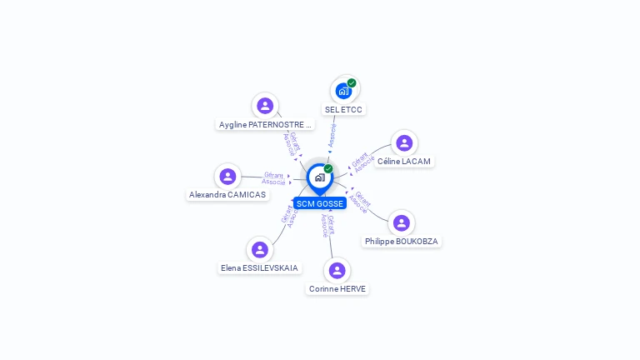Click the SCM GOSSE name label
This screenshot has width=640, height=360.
(319, 203)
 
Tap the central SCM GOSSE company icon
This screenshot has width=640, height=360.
(319, 177)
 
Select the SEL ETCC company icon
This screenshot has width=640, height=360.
(343, 91)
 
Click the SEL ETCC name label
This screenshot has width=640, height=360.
(343, 110)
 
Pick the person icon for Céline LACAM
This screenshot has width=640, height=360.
(404, 143)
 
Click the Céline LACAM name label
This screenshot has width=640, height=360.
(404, 162)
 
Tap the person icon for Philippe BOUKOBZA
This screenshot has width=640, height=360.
(401, 222)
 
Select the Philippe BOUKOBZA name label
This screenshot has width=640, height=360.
(401, 242)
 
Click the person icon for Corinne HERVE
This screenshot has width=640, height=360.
(337, 270)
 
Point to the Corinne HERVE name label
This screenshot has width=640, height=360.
(337, 289)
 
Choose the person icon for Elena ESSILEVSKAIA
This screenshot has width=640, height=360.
(259, 249)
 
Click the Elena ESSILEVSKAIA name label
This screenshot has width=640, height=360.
(259, 268)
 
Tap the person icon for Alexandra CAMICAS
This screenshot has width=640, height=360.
(227, 176)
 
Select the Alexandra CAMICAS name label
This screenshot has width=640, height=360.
(227, 195)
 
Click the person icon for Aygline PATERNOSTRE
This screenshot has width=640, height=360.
(265, 106)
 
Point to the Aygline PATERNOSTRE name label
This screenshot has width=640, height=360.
(265, 125)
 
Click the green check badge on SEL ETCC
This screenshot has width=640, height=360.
(352, 82)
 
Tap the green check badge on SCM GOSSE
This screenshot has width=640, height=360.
(328, 168)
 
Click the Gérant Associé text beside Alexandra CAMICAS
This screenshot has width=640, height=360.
(273, 178)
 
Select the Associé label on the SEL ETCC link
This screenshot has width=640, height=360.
(332, 136)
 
